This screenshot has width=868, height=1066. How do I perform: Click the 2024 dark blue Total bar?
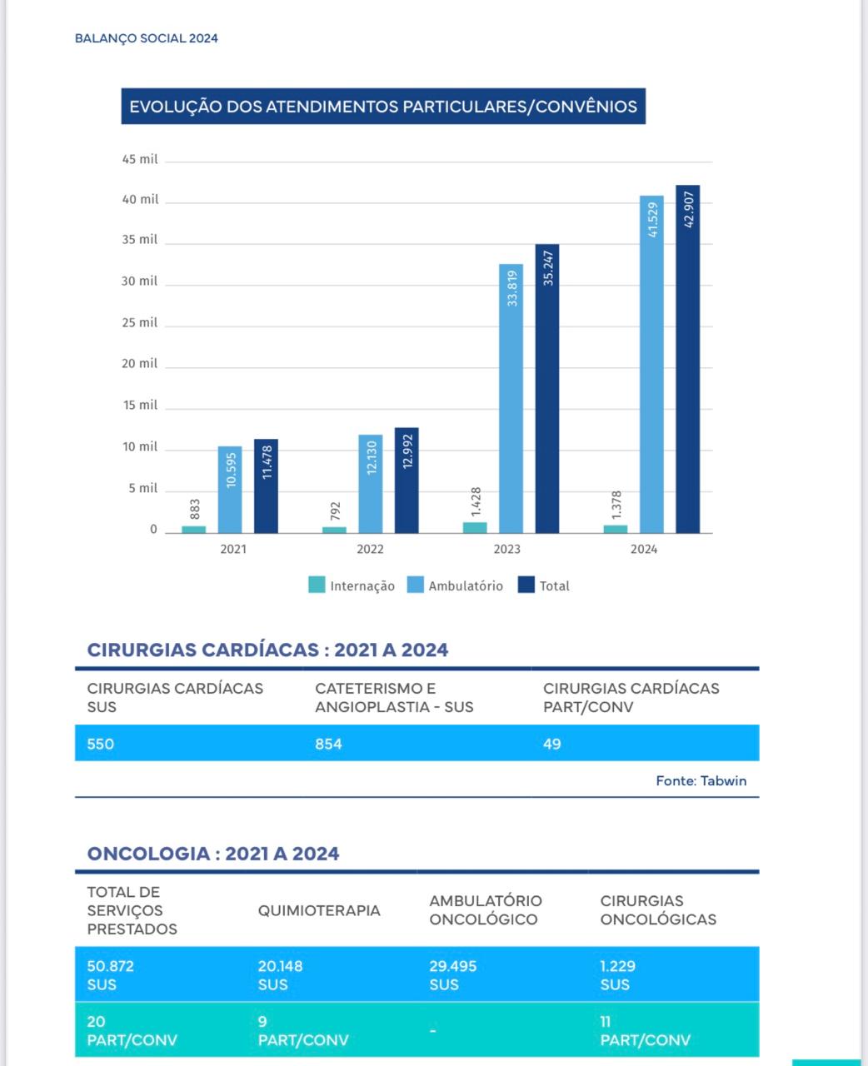coord(687,359)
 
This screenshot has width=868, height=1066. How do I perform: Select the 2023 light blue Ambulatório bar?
coord(511,398)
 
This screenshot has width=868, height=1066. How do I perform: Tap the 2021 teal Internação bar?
coord(194,530)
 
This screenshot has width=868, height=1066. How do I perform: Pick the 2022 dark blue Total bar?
coord(407,481)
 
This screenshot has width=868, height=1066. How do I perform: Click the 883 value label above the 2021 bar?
coord(195,509)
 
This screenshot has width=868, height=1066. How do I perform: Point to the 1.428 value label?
coord(476,502)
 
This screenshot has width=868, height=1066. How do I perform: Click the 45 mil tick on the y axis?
coord(140,159)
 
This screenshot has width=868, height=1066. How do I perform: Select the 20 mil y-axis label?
coord(140,363)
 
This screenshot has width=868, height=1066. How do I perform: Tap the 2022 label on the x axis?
coord(370,549)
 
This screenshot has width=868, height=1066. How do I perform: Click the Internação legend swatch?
coord(317,585)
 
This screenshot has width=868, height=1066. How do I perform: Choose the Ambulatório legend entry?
coord(455,585)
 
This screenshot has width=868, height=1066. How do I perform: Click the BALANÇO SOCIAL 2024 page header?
coord(146,38)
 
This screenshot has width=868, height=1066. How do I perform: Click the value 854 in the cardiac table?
coord(328,744)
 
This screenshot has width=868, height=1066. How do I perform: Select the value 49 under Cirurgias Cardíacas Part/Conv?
coord(552,744)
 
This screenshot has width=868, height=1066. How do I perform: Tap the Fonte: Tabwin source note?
coord(701,780)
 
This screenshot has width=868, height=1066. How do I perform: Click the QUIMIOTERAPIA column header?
coord(319,910)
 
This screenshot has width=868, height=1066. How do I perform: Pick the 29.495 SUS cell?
coord(453,975)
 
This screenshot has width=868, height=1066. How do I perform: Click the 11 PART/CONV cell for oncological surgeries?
coord(646,1030)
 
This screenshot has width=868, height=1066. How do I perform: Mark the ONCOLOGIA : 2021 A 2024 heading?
coord(213,854)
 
